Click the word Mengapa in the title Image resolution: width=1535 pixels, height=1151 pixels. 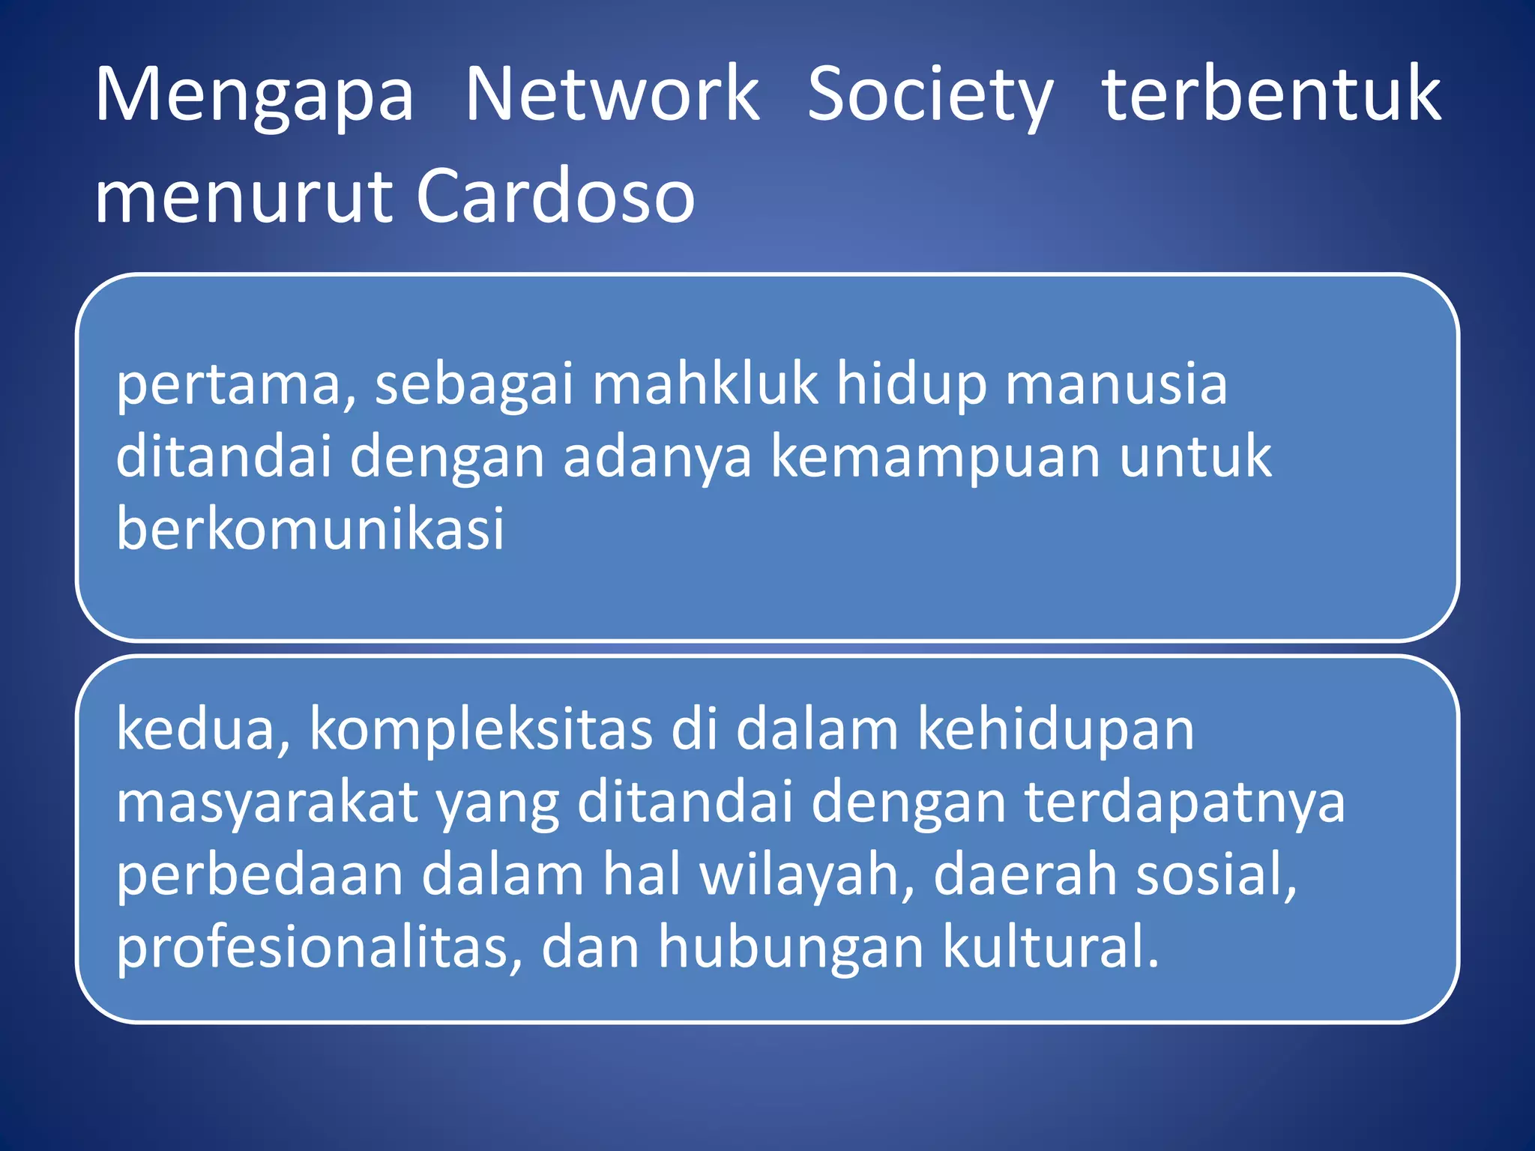(x=254, y=95)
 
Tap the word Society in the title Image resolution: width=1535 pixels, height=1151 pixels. (x=930, y=95)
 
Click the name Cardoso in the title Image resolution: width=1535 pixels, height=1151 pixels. (x=555, y=196)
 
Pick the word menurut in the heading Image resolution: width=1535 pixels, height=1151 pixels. (x=244, y=197)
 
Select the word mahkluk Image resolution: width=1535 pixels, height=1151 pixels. (x=705, y=384)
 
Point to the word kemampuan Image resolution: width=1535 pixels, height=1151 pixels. (x=936, y=457)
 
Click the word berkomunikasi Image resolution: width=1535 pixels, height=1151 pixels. (x=310, y=528)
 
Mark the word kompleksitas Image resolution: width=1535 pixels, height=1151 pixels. (x=480, y=730)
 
